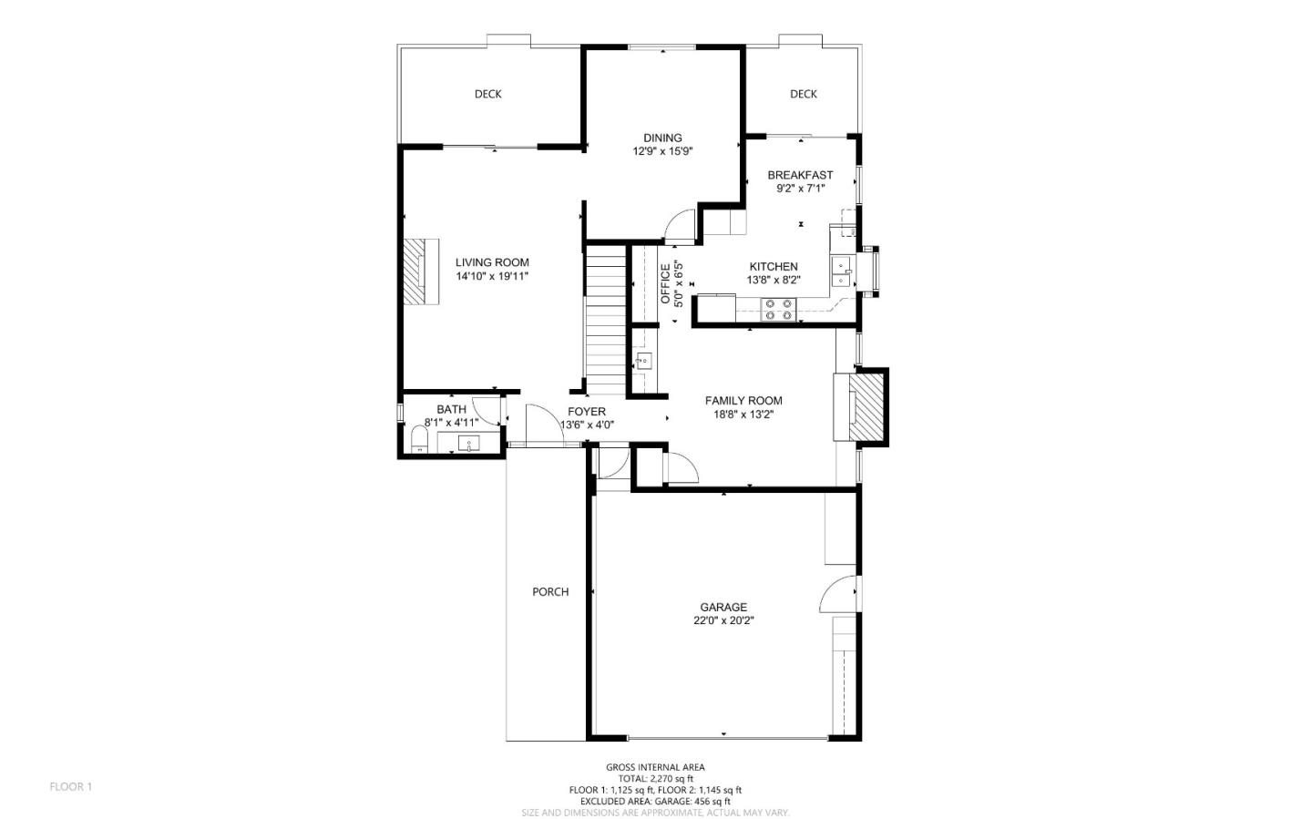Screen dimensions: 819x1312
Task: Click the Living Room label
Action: [x=492, y=262]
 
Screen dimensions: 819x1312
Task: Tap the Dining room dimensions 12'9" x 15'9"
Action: [x=662, y=152]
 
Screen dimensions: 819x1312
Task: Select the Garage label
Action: [x=723, y=608]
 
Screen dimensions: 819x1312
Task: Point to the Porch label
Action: [x=550, y=592]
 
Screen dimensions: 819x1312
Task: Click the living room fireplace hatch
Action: [x=417, y=271]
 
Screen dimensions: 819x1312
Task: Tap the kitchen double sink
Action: [x=841, y=272]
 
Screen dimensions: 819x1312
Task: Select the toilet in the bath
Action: [x=419, y=444]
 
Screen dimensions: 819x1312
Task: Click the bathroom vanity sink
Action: [x=469, y=445]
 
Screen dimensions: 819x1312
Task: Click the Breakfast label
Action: [x=800, y=175]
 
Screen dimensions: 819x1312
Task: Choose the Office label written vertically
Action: [x=665, y=283]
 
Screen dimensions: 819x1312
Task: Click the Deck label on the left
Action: [x=487, y=94]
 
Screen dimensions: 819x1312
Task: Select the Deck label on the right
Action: [x=803, y=94]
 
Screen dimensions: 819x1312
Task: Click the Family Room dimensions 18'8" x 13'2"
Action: [x=743, y=414]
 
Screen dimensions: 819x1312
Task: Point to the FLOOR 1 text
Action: [x=71, y=786]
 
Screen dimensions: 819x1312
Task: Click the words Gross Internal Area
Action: [x=655, y=767]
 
